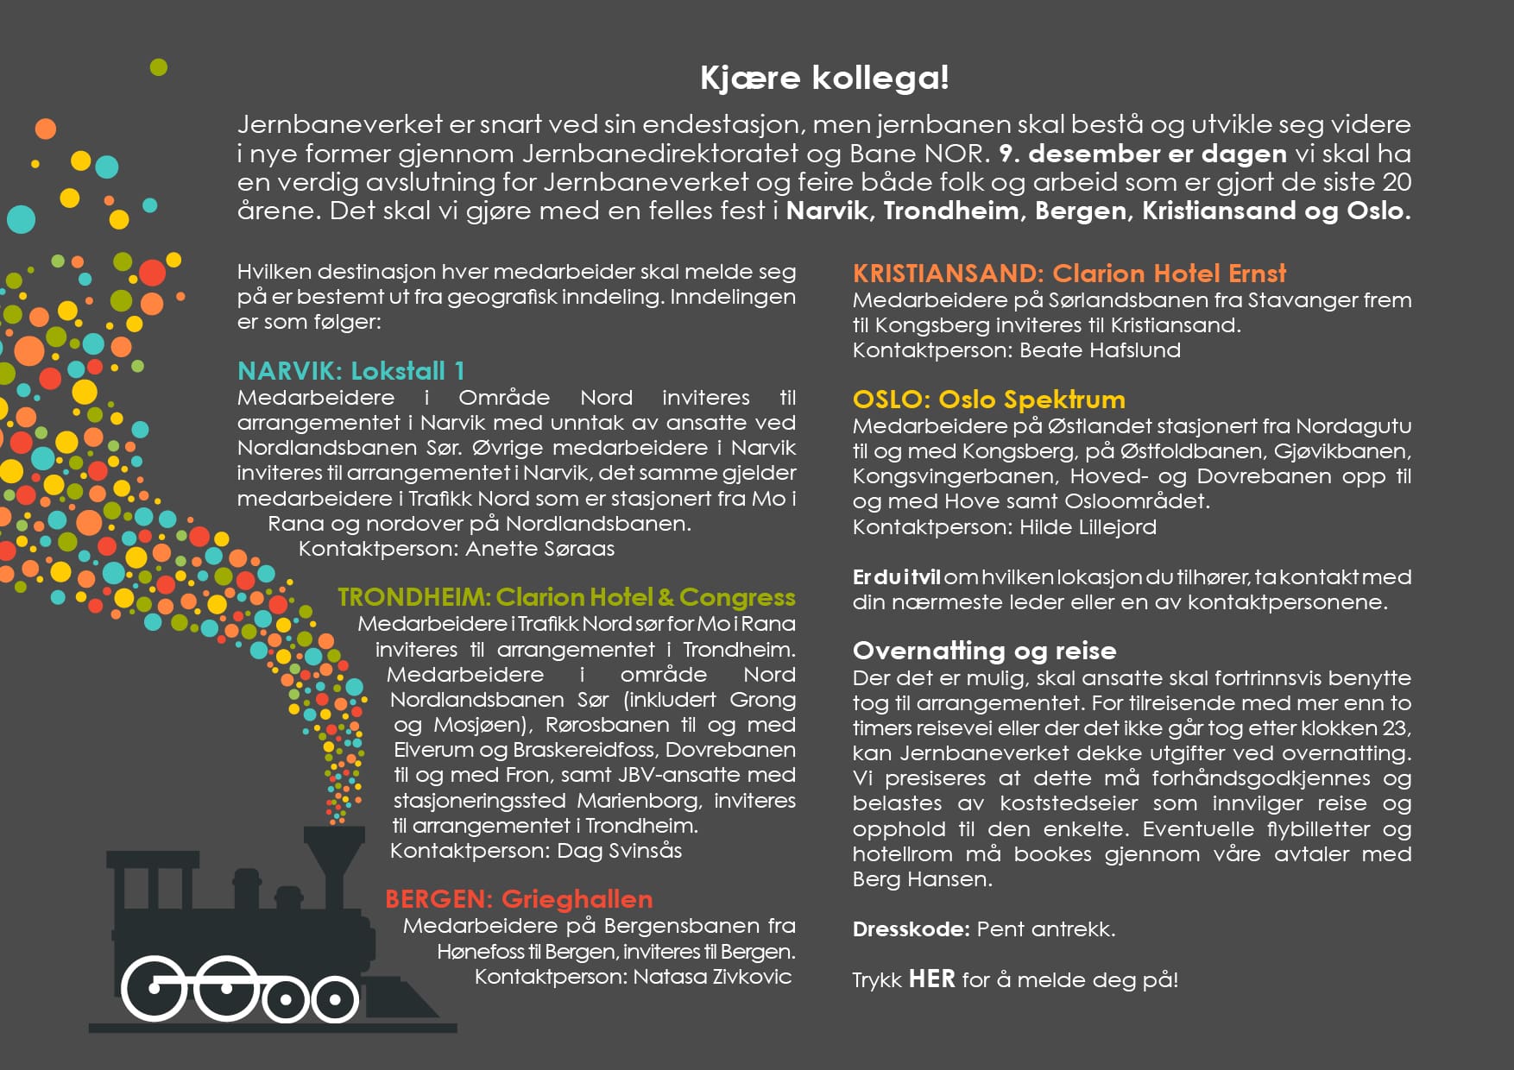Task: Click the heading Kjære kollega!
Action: point(824,79)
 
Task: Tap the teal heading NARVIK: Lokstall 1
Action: point(350,371)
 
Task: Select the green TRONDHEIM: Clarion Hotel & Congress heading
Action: point(566,597)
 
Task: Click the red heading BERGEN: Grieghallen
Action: point(519,899)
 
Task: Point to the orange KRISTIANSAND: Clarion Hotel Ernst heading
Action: point(1069,274)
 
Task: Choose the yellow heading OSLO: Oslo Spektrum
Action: point(988,400)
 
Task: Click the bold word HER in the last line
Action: point(932,979)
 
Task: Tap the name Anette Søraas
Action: point(540,549)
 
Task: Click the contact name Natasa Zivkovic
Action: point(712,977)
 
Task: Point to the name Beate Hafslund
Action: point(1100,350)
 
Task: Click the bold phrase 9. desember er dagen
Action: point(1142,154)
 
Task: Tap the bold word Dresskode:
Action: point(911,929)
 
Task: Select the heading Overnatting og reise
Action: point(984,651)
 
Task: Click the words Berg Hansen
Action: point(921,879)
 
